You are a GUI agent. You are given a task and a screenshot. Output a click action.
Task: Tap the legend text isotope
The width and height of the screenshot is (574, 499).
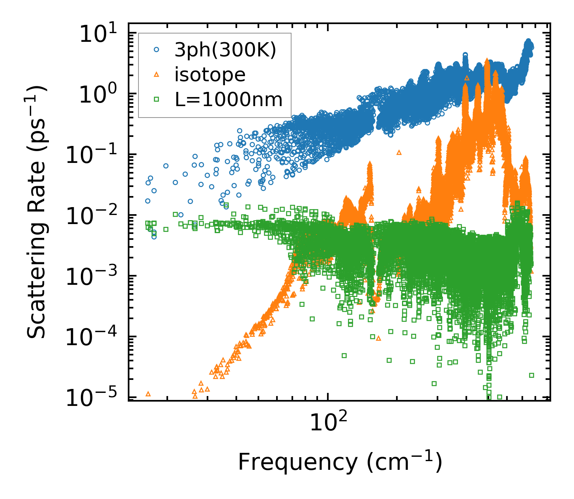210,75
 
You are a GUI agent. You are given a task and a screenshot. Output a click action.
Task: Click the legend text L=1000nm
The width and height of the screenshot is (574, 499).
229,99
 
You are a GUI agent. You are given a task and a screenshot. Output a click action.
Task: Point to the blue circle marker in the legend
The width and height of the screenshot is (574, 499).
157,50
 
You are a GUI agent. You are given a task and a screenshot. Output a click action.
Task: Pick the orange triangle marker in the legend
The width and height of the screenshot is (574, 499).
157,75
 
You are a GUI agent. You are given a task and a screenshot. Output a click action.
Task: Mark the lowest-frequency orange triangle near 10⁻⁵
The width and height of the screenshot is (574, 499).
148,394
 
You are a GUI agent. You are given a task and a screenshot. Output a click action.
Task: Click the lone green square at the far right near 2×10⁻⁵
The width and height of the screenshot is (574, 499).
531,375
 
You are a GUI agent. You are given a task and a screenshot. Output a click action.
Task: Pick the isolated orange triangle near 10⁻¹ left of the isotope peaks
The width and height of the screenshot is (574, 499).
399,152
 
